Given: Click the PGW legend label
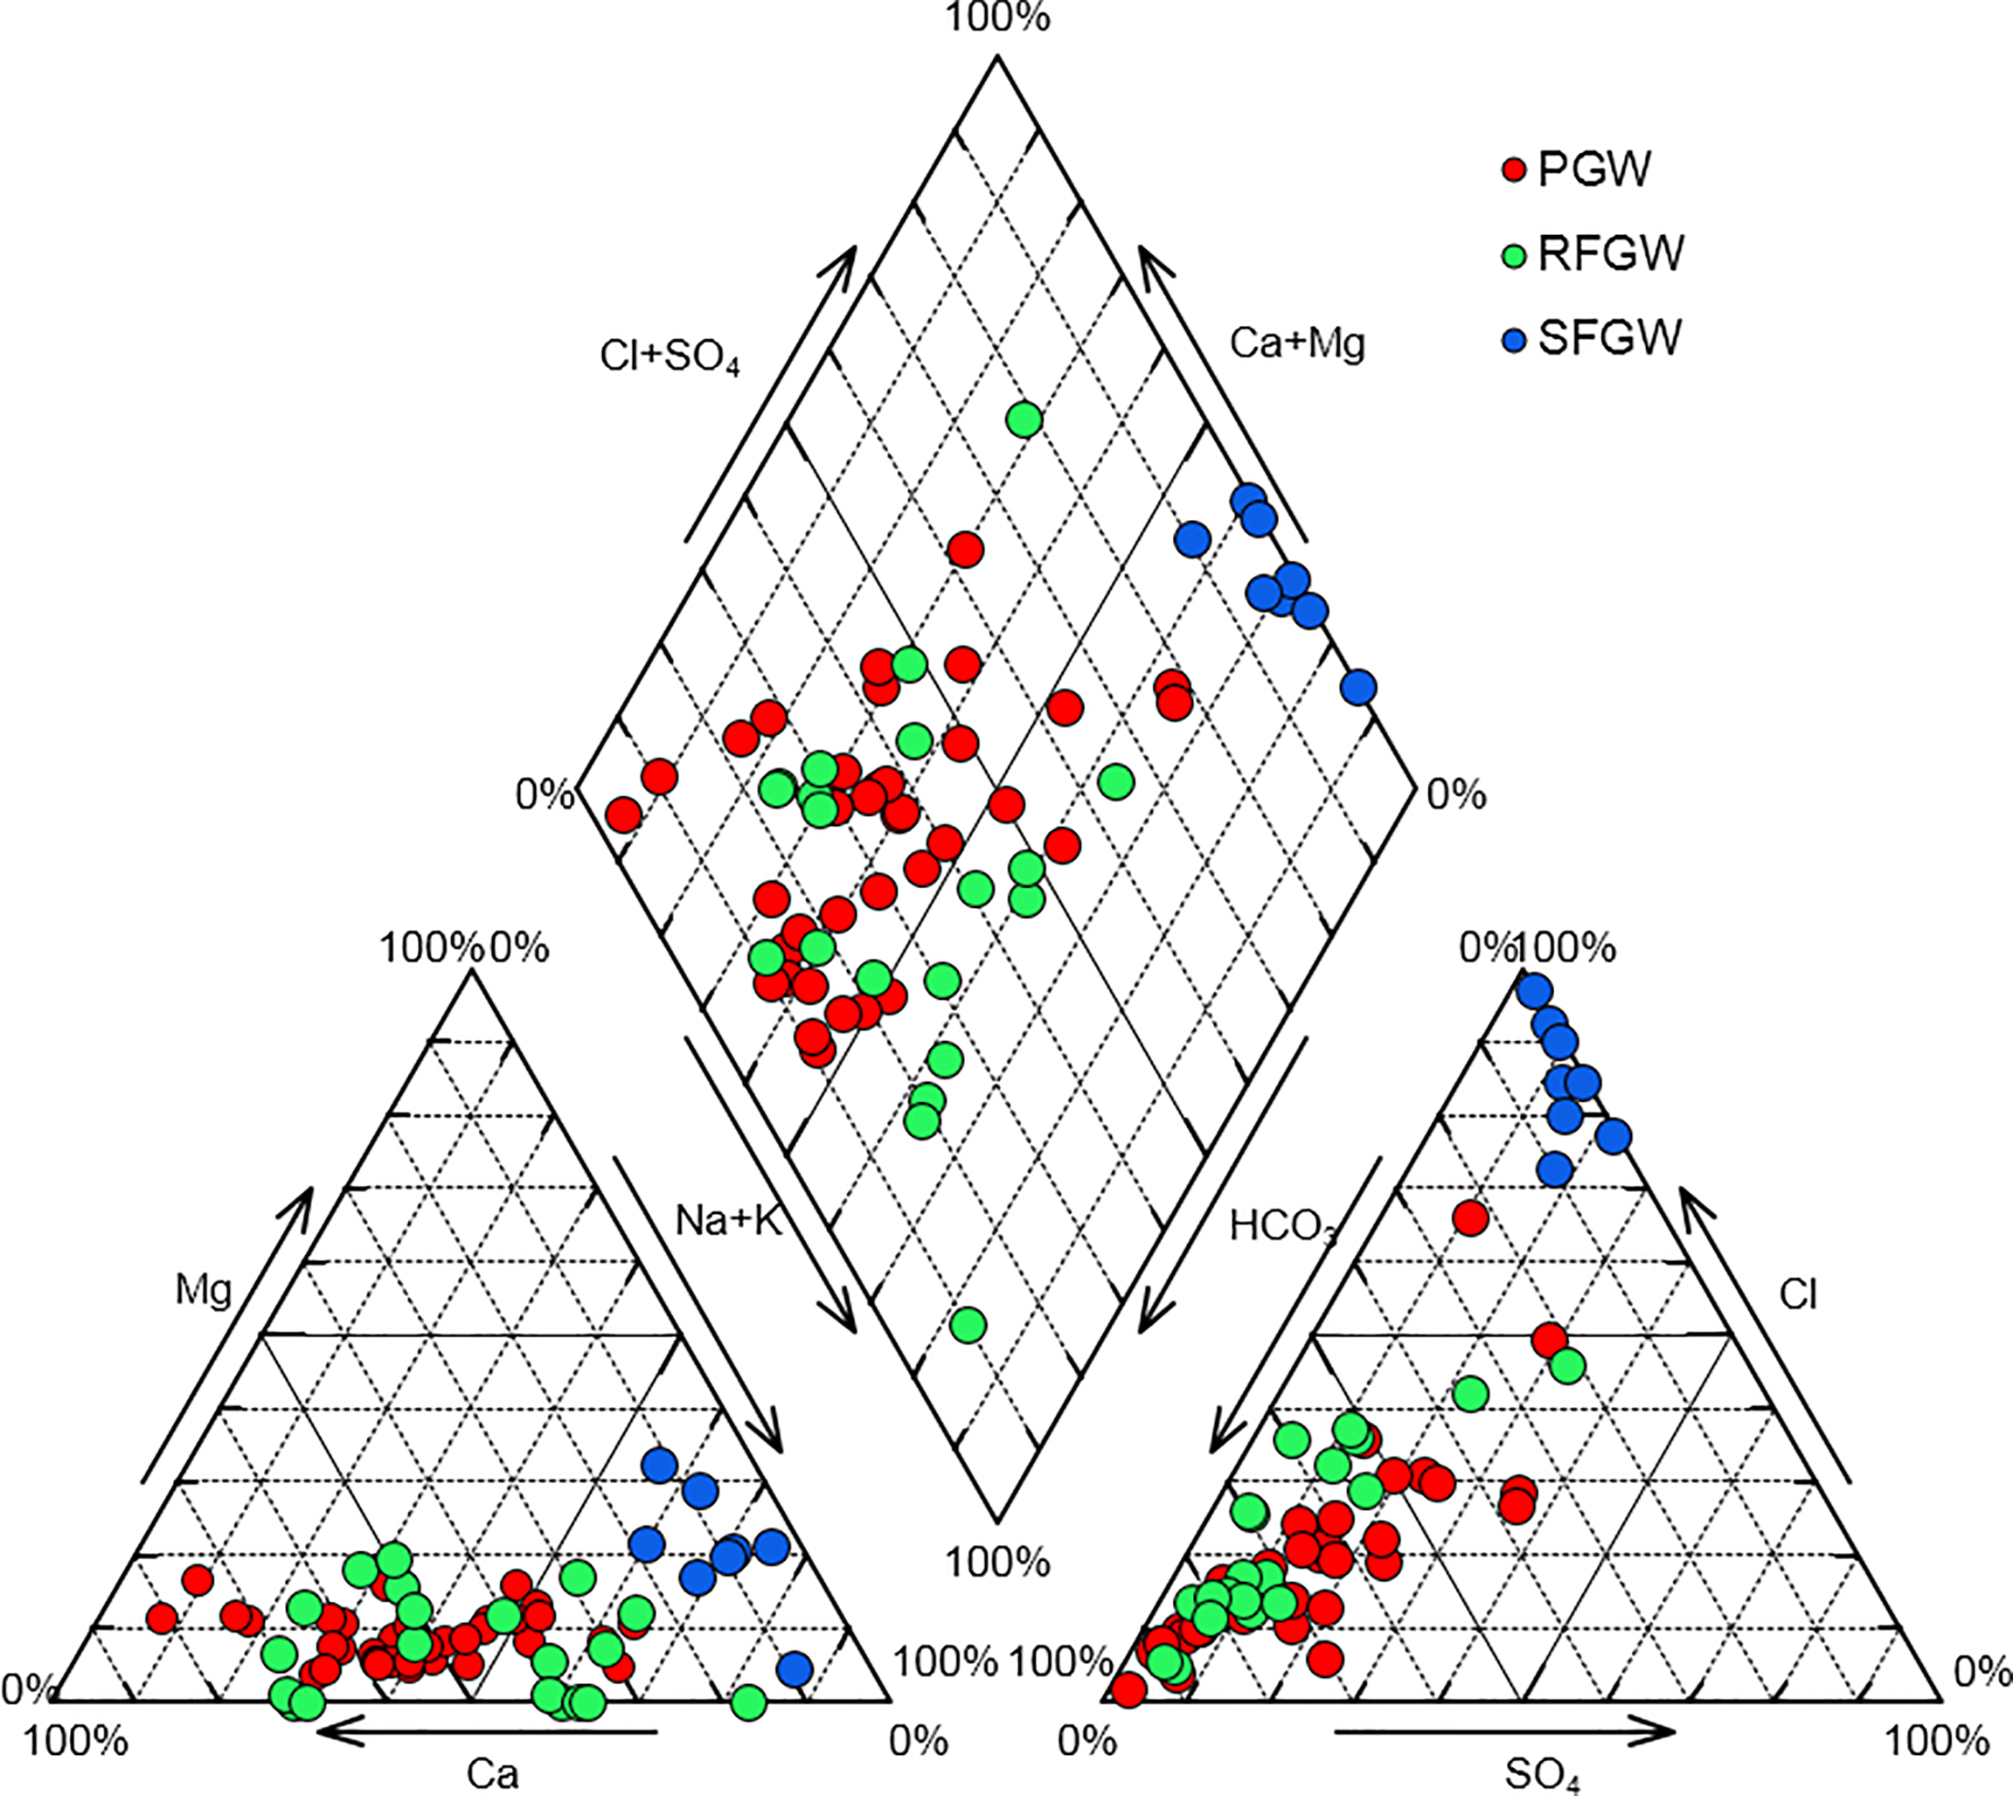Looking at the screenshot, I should (x=1593, y=170).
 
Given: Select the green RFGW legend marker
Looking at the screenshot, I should (x=1514, y=255).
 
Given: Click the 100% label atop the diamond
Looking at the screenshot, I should (x=997, y=17).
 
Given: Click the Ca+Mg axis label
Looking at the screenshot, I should (x=1296, y=343).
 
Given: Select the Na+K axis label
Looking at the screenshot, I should (x=728, y=1221).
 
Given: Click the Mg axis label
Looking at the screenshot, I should (x=204, y=1290).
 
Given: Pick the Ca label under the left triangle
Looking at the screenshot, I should (x=491, y=1772).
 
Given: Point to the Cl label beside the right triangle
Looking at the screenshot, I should (x=1798, y=1293).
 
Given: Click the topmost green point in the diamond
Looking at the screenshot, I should (x=1024, y=420).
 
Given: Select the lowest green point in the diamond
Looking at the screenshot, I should (x=968, y=1324).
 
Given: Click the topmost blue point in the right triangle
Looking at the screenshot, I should (x=1534, y=990).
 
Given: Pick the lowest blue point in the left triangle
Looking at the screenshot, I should (x=795, y=1668).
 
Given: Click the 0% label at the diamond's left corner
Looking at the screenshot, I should (x=544, y=794).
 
